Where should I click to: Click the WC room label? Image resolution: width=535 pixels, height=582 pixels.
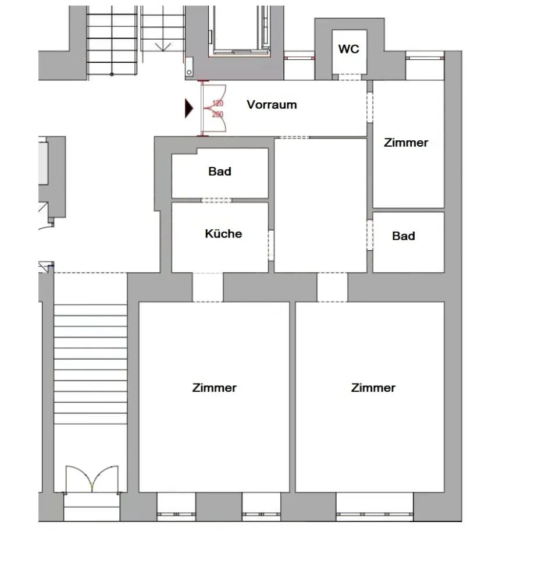(348, 49)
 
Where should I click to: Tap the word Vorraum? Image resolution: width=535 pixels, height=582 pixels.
(272, 105)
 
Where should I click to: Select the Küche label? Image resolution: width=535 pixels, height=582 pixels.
(223, 233)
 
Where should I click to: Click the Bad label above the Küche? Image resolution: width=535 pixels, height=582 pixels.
(220, 172)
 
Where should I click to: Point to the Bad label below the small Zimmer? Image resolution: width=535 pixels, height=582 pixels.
(404, 236)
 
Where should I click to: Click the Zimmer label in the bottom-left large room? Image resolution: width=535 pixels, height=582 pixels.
(215, 388)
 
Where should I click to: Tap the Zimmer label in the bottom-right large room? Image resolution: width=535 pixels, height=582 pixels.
(373, 388)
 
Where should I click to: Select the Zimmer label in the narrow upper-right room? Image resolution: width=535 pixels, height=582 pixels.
(406, 143)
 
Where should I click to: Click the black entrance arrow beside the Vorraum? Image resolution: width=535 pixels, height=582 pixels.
(189, 108)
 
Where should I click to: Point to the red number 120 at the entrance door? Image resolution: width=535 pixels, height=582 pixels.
(217, 103)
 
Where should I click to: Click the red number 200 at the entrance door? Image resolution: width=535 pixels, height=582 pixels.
(217, 114)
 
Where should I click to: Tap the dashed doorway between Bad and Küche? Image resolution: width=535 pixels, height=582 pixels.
(216, 200)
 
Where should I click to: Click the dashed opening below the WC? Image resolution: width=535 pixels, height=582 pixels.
(349, 77)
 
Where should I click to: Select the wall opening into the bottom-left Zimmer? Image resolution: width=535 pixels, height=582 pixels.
(208, 288)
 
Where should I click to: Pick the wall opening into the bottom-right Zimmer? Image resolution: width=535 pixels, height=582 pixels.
(332, 288)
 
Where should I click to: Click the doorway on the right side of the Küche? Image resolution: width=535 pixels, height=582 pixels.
(271, 245)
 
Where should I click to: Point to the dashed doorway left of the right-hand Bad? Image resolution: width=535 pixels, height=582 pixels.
(370, 235)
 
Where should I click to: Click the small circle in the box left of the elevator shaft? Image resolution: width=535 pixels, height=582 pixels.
(189, 72)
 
